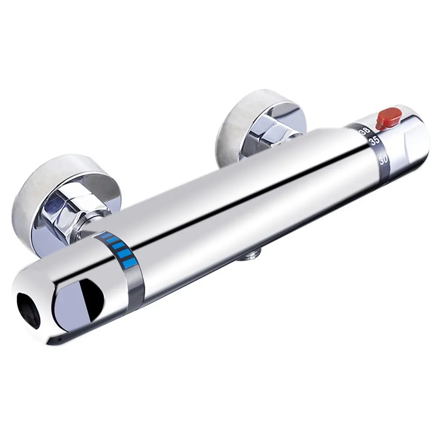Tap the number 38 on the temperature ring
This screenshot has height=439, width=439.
pyautogui.click(x=366, y=131)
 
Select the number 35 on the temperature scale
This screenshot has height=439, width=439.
pyautogui.click(x=374, y=141)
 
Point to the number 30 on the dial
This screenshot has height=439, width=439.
pyautogui.click(x=383, y=161)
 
